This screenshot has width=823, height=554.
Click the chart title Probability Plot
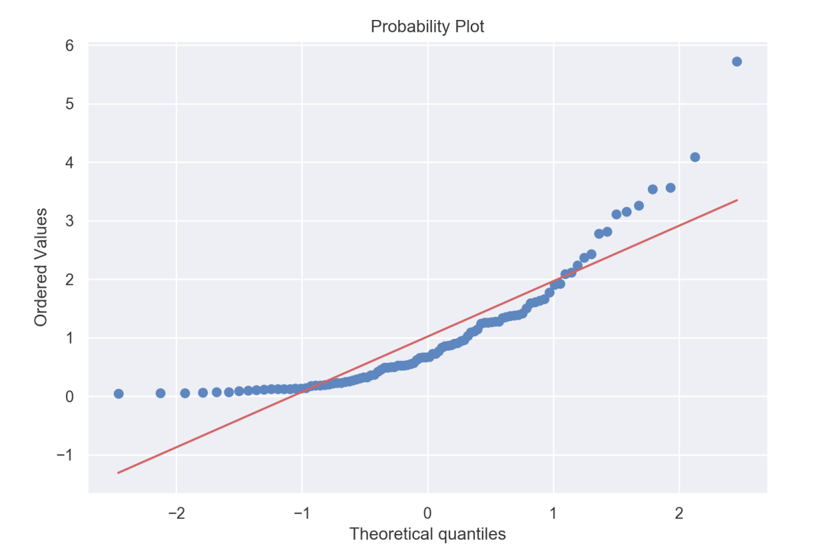point(428,27)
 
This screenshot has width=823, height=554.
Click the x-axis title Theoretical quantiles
point(428,534)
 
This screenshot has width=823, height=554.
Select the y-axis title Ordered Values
point(41,268)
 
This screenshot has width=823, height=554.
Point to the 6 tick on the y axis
point(71,45)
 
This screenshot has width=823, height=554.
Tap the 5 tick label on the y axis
point(71,104)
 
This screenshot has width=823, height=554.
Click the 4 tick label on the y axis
point(71,162)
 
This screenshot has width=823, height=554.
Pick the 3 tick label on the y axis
point(71,221)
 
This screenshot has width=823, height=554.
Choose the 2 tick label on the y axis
point(71,279)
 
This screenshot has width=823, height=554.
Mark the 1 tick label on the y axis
point(71,337)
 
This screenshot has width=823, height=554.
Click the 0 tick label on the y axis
point(71,397)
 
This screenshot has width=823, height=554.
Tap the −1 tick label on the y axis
point(67,455)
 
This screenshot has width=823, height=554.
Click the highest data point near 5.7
point(737,61)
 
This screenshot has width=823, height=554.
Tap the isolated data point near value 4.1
point(695,157)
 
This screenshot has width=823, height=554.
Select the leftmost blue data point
point(118,394)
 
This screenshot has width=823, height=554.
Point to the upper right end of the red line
point(737,200)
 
